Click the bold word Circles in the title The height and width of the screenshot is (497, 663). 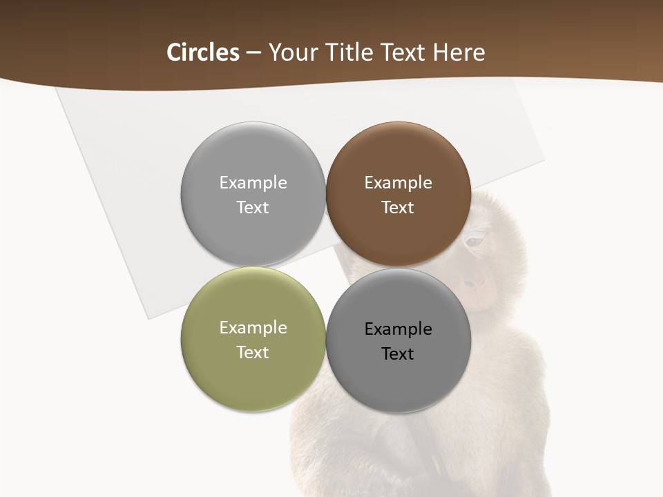[x=203, y=52]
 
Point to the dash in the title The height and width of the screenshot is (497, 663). [x=253, y=53]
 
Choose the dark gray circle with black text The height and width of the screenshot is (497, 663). [x=398, y=380]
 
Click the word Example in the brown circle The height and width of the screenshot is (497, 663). [x=398, y=183]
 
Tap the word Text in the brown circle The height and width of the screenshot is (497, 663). [x=398, y=207]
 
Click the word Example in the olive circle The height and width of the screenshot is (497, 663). [x=253, y=328]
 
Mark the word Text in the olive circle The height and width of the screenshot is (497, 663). [x=253, y=352]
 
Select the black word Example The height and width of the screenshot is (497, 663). [x=398, y=329]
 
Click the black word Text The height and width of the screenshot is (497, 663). [x=398, y=353]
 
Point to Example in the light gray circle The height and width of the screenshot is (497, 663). [x=253, y=183]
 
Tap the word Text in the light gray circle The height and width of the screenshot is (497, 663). [x=253, y=207]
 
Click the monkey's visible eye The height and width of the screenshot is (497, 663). [x=475, y=242]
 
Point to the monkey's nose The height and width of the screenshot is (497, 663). [x=475, y=282]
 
